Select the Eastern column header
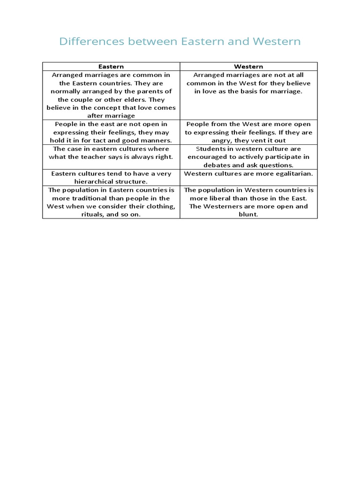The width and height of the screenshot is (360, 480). (111, 67)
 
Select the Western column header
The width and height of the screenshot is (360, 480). (248, 67)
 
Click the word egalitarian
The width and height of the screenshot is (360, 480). (292, 173)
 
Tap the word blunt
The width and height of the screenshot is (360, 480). (248, 214)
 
